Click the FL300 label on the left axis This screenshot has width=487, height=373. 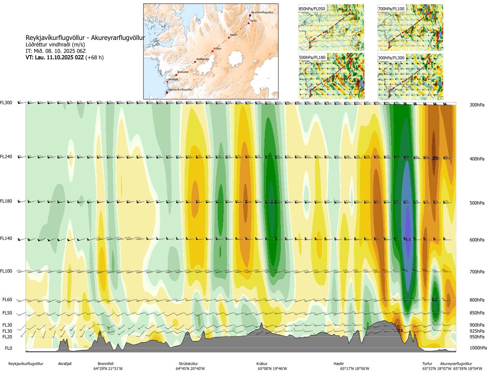(x=6, y=103)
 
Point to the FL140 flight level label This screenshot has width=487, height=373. (x=6, y=238)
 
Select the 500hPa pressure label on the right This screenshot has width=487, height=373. (x=477, y=203)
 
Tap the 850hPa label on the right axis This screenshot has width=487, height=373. (x=477, y=313)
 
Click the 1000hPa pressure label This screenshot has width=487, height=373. (x=477, y=348)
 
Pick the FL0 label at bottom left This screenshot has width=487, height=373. (x=8, y=348)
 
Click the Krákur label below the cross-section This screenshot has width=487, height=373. (x=262, y=364)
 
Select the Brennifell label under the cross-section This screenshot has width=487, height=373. (x=105, y=364)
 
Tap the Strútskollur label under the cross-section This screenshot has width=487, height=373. (x=188, y=364)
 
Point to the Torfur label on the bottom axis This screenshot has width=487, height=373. (x=427, y=364)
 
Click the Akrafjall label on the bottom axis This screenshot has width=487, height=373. (x=65, y=364)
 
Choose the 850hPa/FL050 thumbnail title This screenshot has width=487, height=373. (x=312, y=9)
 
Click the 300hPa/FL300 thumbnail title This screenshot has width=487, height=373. (x=391, y=58)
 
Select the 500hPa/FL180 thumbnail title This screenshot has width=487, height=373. (x=312, y=58)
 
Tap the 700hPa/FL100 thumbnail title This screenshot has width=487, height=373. (x=391, y=9)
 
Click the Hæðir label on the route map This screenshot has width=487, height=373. (x=234, y=35)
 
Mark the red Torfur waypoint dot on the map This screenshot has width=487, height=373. (x=249, y=23)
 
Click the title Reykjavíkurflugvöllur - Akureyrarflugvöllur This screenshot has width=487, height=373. (x=85, y=38)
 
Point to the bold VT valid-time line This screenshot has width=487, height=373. (x=64, y=57)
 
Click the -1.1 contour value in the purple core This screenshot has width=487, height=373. (x=407, y=240)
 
